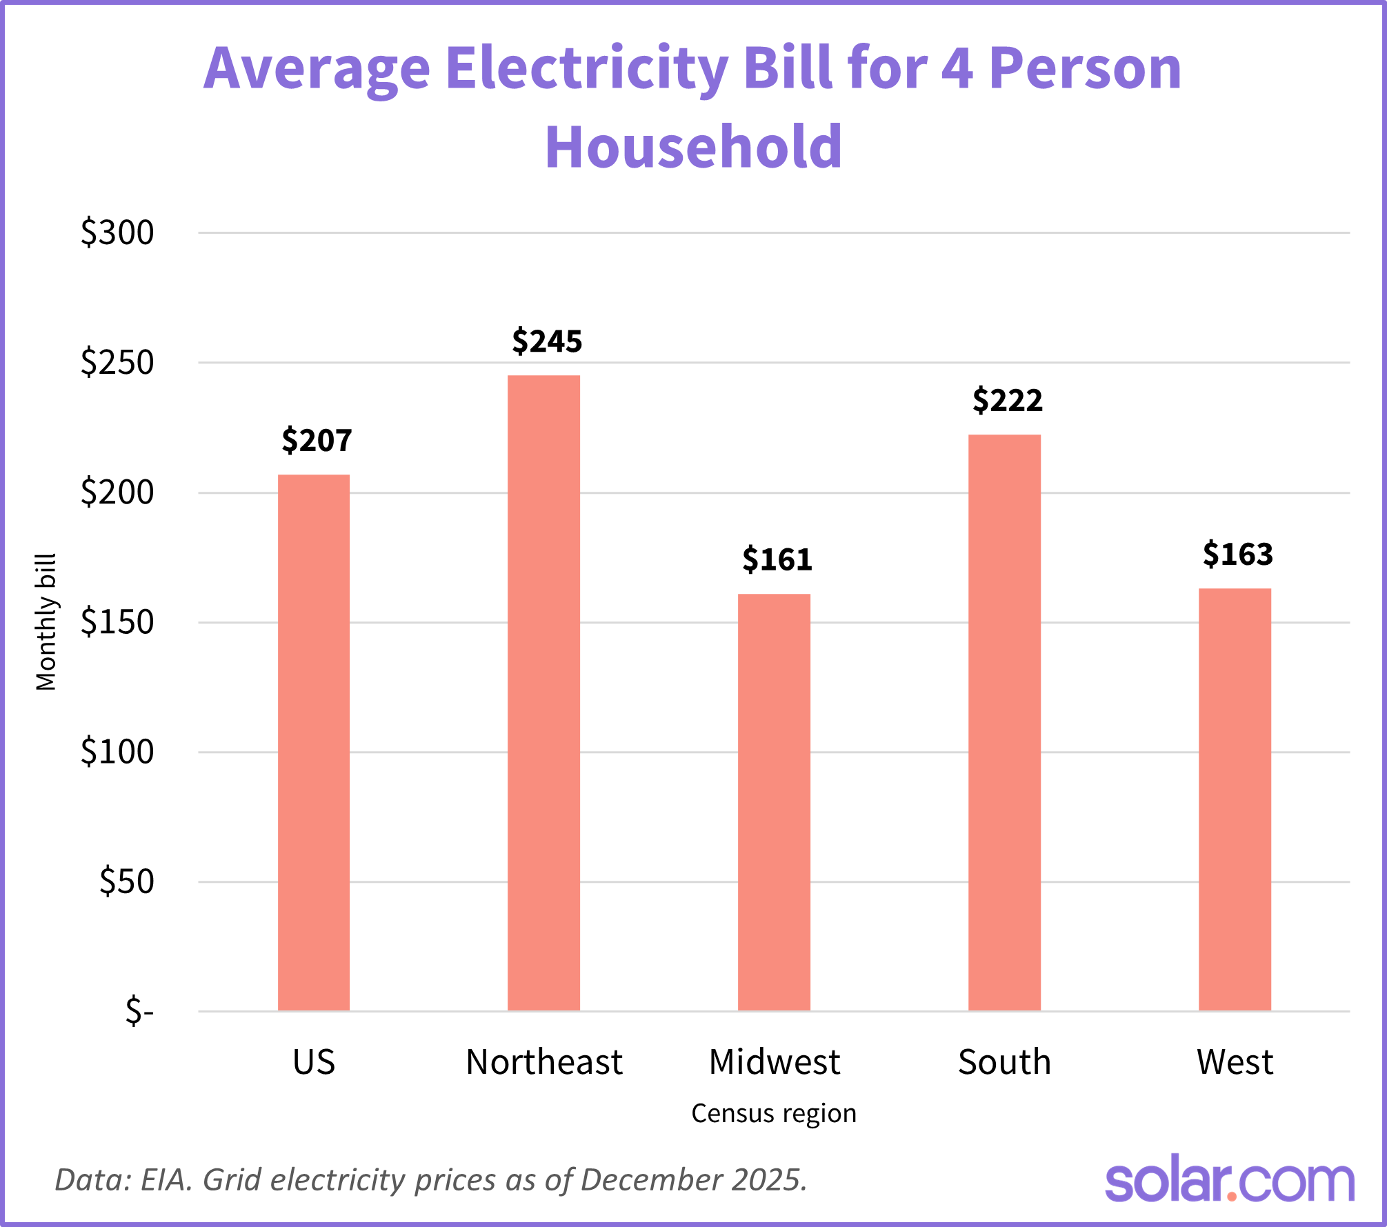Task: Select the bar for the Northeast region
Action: coord(543,693)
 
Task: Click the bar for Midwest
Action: coord(774,802)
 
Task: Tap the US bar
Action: coord(314,743)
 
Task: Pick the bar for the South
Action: coord(1004,723)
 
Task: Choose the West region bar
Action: coord(1235,799)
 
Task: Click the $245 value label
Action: coord(547,341)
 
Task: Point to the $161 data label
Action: coord(777,559)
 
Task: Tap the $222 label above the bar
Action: coord(1008,401)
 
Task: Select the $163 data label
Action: coord(1238,555)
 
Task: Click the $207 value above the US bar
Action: coord(317,441)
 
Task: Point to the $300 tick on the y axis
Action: coord(117,232)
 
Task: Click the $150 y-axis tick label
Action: coord(117,622)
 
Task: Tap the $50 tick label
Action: coord(126,881)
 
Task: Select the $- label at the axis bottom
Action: coord(139,1011)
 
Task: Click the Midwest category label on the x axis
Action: coord(774,1062)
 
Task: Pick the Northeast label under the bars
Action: coord(543,1062)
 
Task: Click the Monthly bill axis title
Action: coord(46,621)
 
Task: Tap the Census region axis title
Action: coord(774,1113)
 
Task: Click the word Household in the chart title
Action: coord(693,147)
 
